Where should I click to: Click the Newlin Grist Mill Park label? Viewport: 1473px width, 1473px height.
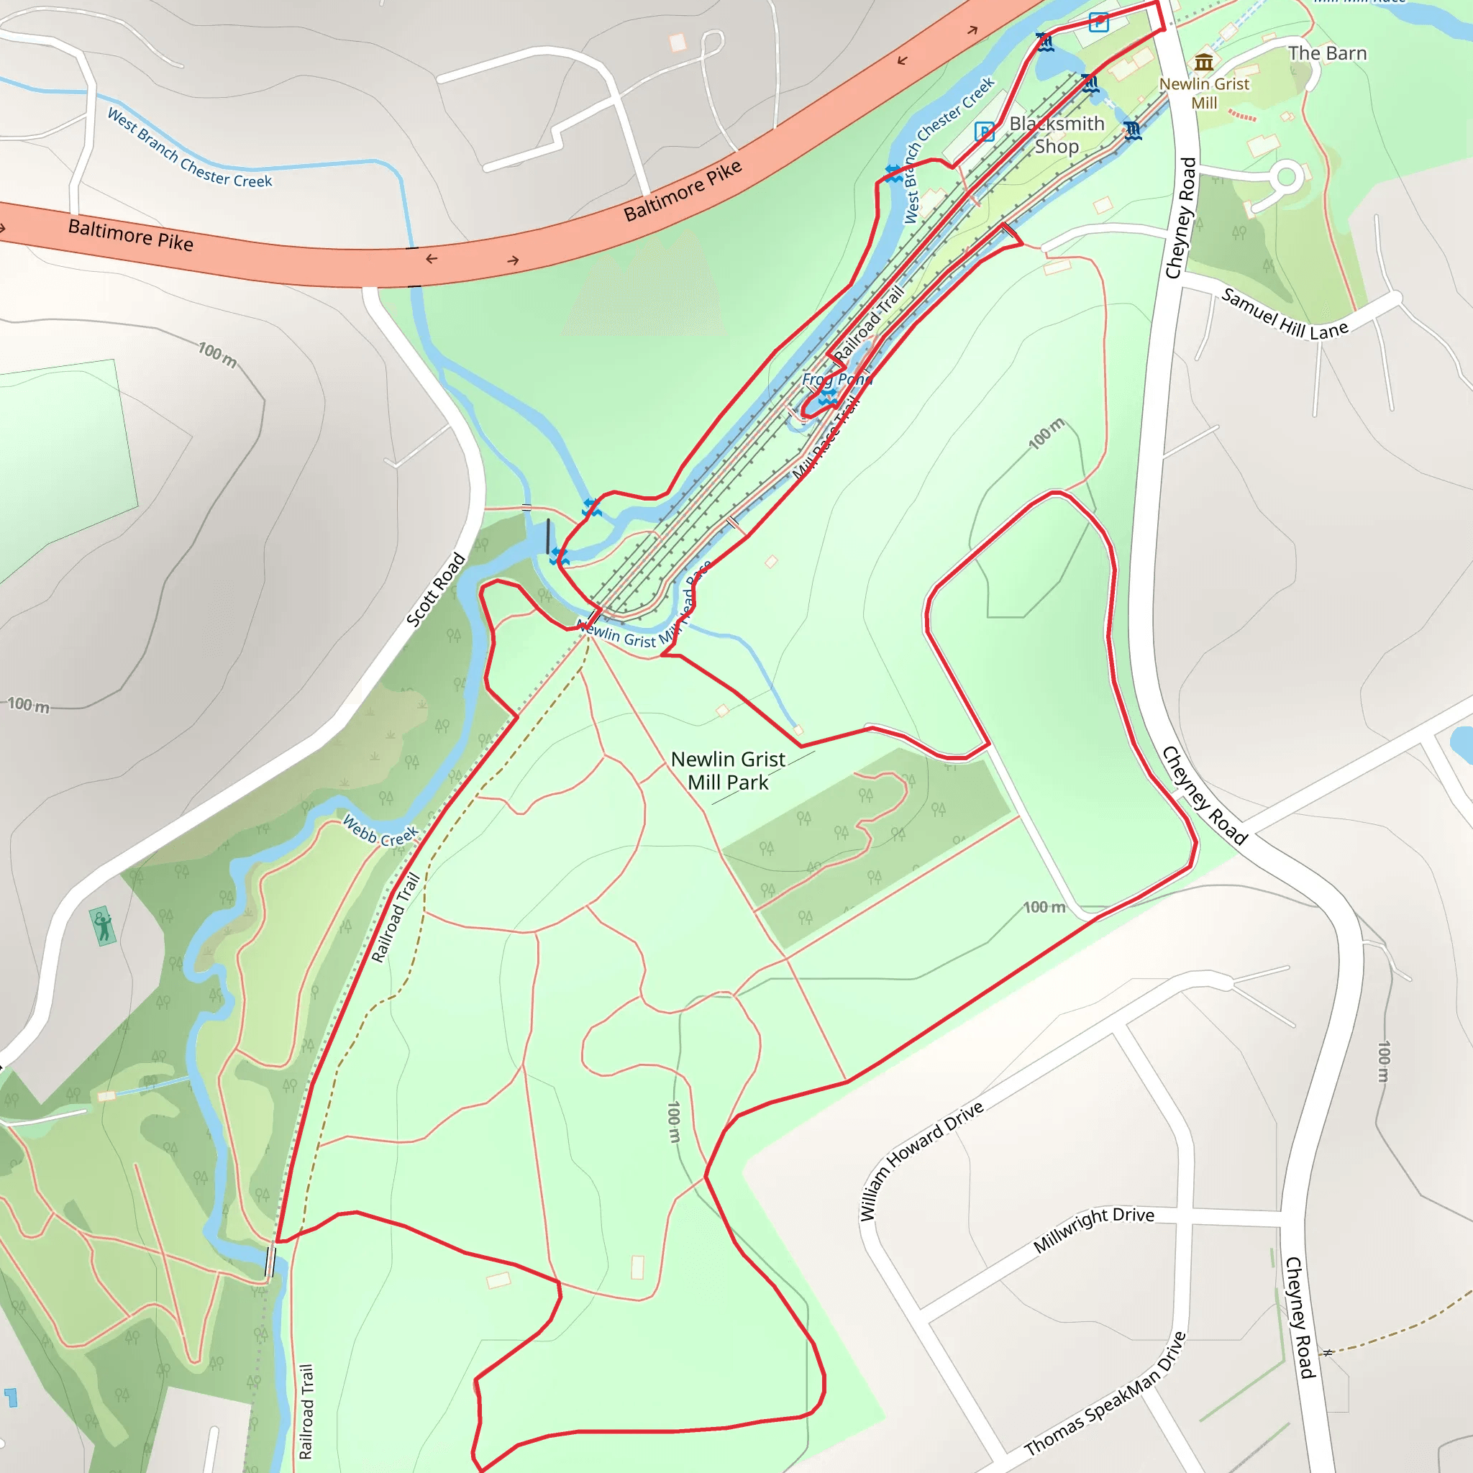click(x=727, y=771)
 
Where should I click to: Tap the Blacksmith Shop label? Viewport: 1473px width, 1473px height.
click(x=1056, y=135)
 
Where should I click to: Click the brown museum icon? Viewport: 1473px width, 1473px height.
click(x=1204, y=62)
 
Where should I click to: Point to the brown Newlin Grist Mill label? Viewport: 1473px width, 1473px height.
click(x=1204, y=93)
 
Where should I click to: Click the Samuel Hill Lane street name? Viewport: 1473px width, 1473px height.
click(x=1285, y=314)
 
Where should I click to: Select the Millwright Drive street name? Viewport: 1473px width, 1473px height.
click(x=1093, y=1229)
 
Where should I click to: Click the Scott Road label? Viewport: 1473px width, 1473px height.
click(x=435, y=589)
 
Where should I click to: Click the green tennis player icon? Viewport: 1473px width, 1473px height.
click(x=103, y=926)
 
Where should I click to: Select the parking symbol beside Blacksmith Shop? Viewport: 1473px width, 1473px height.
click(x=985, y=132)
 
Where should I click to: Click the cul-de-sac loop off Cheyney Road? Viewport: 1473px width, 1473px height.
click(x=1286, y=178)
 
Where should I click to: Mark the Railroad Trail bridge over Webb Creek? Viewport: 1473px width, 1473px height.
click(x=269, y=1260)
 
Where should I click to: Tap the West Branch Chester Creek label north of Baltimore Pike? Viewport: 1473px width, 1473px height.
click(x=189, y=148)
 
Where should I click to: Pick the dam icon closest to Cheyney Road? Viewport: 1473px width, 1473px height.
click(x=1132, y=131)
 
